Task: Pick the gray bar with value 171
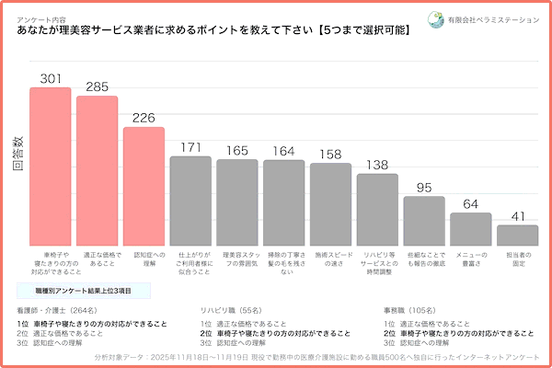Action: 190,199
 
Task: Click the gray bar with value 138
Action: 377,207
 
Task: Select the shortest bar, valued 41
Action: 517,233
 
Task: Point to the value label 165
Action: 237,151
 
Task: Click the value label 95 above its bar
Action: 424,188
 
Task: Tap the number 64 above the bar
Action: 470,204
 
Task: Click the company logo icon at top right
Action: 435,18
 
